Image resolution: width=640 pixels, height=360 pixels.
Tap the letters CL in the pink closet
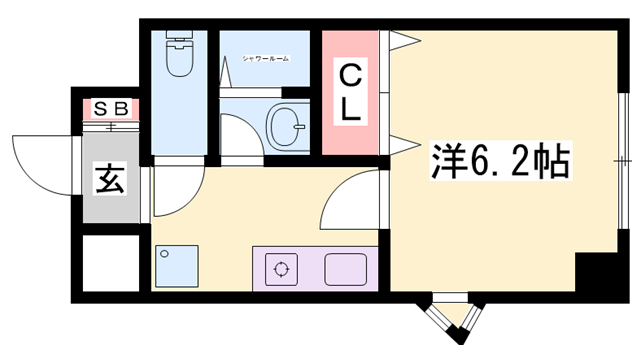coord(349,92)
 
